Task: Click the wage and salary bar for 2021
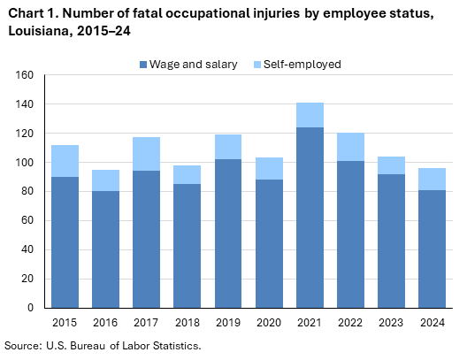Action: [x=310, y=217]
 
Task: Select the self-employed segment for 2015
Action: [x=64, y=161]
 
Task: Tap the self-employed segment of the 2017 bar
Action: [x=146, y=154]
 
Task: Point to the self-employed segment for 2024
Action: [x=432, y=180]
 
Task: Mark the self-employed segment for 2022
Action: [x=350, y=147]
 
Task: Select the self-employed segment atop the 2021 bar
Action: [x=310, y=115]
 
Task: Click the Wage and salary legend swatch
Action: [x=143, y=65]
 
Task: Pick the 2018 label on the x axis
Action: [x=187, y=322]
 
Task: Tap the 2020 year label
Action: [x=268, y=322]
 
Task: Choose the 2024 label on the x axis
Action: [x=432, y=322]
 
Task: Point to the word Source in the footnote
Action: [x=22, y=345]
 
